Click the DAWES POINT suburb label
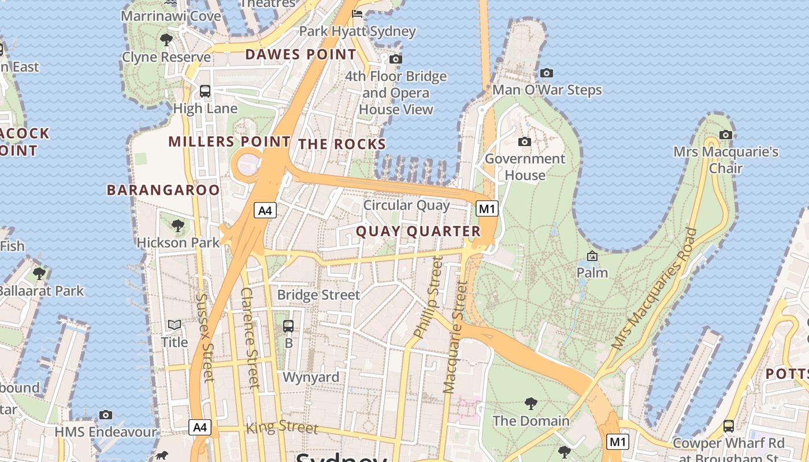[x=300, y=55]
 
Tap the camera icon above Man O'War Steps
[x=546, y=73]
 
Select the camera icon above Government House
[x=524, y=141]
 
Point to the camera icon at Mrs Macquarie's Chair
[x=726, y=135]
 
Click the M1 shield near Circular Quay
[x=487, y=208]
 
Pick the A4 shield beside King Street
[x=199, y=427]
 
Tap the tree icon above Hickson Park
[x=178, y=225]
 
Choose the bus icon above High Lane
[x=205, y=91]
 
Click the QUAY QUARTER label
[x=418, y=232]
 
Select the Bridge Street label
[x=318, y=295]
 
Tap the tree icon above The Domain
[x=530, y=404]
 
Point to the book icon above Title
[x=174, y=325]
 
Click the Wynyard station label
[x=311, y=378]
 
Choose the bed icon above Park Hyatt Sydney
[x=357, y=14]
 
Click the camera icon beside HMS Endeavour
[x=105, y=415]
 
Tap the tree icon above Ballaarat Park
[x=39, y=273]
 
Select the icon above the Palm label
[x=592, y=256]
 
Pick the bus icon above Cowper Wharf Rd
[x=728, y=426]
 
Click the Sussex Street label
[x=205, y=338]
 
